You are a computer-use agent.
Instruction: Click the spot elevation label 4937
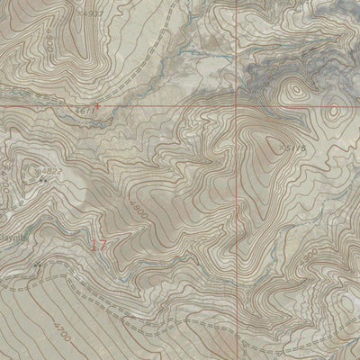point(91,14)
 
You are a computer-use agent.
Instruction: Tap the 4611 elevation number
point(84,111)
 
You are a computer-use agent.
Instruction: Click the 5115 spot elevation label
point(296,147)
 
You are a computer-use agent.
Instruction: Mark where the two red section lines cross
point(240,104)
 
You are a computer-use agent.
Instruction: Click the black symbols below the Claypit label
point(37,266)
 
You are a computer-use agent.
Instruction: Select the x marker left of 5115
point(282,146)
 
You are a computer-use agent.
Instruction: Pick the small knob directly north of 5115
point(293,94)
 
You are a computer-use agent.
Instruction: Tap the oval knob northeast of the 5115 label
point(333,112)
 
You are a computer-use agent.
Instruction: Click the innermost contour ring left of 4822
point(34,166)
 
